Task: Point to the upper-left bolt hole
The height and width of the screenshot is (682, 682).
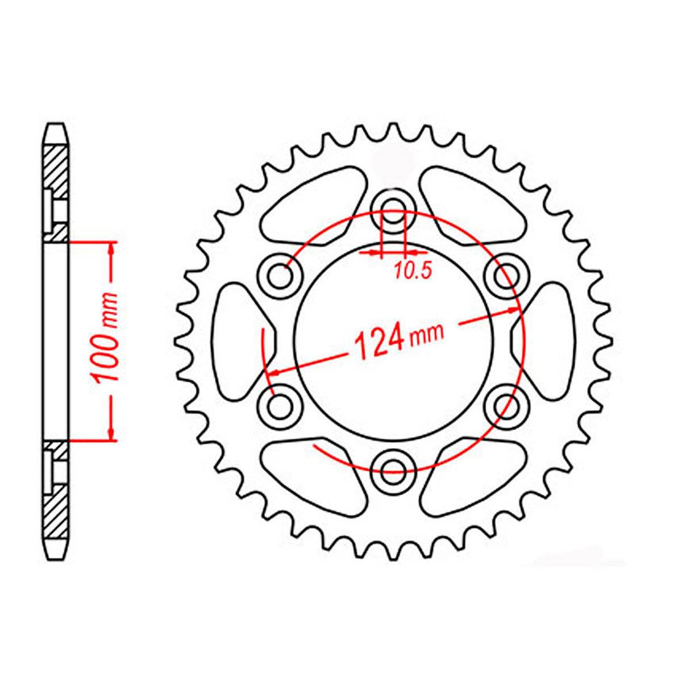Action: click(x=280, y=276)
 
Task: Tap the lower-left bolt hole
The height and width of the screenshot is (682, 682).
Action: click(x=280, y=405)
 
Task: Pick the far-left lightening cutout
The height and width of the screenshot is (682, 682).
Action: click(x=239, y=341)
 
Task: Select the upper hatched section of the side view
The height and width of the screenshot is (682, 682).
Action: click(x=56, y=170)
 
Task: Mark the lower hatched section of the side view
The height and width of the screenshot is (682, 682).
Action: click(x=56, y=511)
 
